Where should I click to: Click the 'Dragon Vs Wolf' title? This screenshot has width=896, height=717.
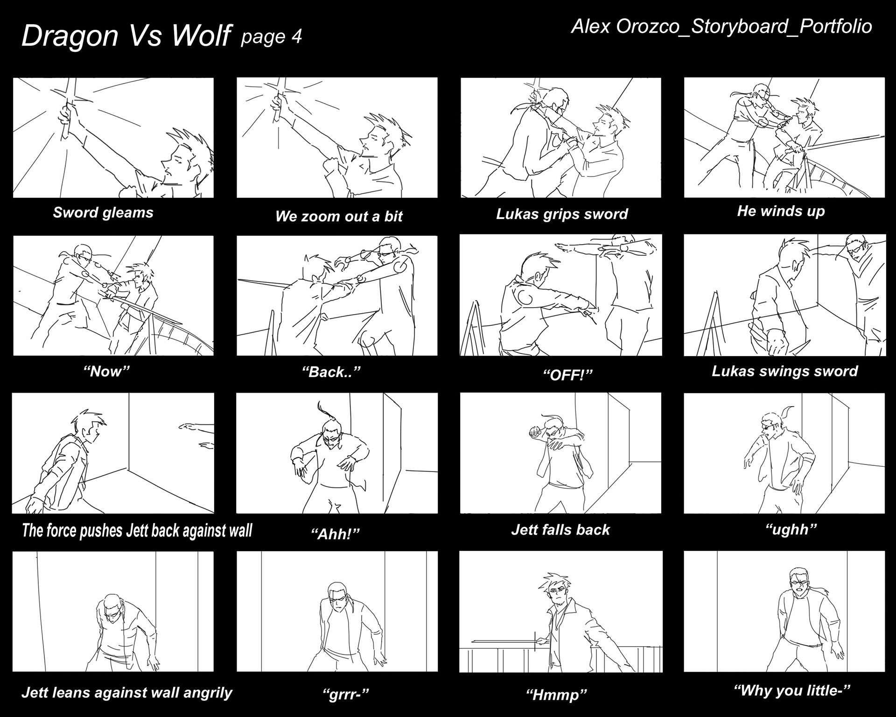tap(126, 36)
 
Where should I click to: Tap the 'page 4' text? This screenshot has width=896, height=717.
tap(271, 36)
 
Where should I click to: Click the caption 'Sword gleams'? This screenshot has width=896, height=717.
tap(103, 212)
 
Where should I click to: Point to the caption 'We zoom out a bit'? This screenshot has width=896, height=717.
tap(339, 216)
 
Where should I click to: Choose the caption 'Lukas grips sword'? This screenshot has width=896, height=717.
tap(562, 214)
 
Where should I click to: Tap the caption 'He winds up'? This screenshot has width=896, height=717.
tap(781, 211)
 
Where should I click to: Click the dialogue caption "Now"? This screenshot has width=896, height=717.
tap(106, 371)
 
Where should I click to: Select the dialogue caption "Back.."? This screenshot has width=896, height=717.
tap(332, 372)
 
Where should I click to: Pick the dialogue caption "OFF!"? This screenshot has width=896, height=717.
tap(567, 375)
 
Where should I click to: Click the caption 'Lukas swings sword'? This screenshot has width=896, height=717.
tap(785, 371)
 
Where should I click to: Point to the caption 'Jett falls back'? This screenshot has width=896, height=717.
tap(560, 530)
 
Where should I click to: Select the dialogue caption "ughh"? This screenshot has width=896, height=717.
tap(791, 529)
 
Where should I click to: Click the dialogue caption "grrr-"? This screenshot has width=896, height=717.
tap(346, 694)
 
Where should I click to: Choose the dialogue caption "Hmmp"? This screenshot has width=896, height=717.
tap(556, 695)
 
